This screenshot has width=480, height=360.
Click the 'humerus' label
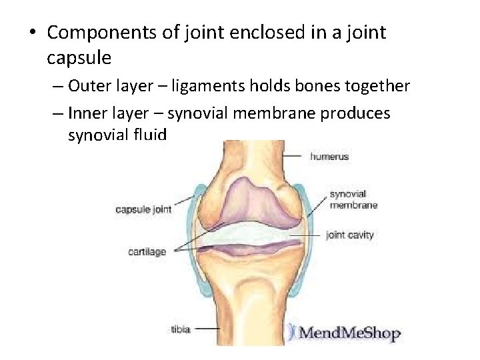pos(329,157)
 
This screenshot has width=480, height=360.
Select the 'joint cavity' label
pos(349,235)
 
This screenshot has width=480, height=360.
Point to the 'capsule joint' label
pos(143,209)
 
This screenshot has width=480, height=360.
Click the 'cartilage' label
pos(147,251)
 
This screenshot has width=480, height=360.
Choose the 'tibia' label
pos(181,329)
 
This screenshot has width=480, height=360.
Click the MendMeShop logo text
pos(347,332)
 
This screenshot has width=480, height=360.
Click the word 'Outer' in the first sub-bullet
pos(89,86)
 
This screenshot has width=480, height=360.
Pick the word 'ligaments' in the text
pos(203,86)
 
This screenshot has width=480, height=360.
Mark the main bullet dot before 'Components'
pos(33,33)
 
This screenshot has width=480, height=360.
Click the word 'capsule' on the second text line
pos(79,58)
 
